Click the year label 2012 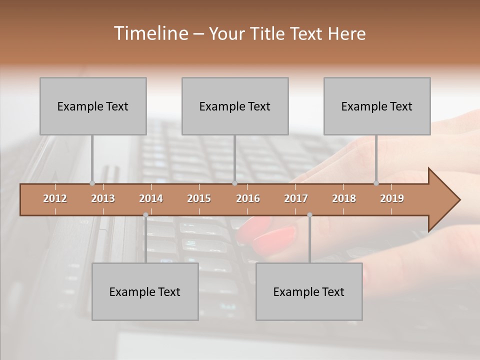[55, 198]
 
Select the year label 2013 [103, 198]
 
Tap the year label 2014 [151, 198]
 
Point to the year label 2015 [199, 198]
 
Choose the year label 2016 [248, 198]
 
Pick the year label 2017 [296, 198]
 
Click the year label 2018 [344, 198]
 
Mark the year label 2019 [392, 198]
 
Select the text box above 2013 [93, 106]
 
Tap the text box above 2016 [235, 106]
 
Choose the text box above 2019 [377, 106]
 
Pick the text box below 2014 [145, 291]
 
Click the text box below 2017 [309, 291]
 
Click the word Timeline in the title [150, 33]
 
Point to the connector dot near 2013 [92, 183]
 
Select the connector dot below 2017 [309, 215]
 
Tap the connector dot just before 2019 [376, 183]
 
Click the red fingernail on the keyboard [275, 239]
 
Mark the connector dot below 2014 [145, 215]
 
